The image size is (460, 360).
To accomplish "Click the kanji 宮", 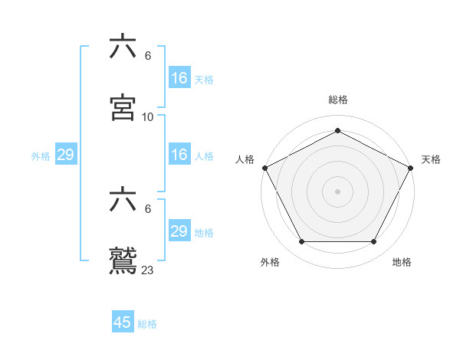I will coord(123,108).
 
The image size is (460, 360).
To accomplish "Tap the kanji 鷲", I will coord(123,260).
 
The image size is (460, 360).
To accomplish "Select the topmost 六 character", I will coord(123,47).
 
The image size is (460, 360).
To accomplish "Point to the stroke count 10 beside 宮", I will coord(148,116).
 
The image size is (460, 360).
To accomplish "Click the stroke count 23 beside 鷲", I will coord(148,270).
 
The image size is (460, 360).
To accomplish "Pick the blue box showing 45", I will coord(123,322).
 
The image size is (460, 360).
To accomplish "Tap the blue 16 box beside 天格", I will coord(179,78).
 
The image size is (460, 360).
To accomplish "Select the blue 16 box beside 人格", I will coord(179,155).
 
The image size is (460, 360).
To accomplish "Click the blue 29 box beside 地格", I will coord(179,231).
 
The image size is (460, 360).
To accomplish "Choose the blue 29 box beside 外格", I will coord(66,155).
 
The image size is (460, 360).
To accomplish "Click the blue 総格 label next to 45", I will coord(147,324).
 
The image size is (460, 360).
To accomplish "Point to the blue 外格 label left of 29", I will coord(41,155).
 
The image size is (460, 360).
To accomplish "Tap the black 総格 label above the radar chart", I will coord(337,100).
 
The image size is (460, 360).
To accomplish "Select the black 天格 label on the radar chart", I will coord(431,159).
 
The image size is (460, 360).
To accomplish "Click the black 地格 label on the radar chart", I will coord(402,262).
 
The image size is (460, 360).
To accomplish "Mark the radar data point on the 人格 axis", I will coord(264,168).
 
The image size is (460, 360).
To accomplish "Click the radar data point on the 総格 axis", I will coord(337,131).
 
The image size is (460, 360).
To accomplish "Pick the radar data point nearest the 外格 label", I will coord(301,242).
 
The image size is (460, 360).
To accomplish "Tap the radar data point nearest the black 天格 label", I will coord(411,168).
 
